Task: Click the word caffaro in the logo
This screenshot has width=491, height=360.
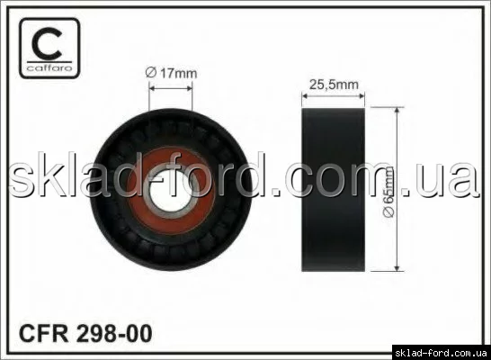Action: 49,68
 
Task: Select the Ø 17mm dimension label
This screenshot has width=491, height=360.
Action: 171,73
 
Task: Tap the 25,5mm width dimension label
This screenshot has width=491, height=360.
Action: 334,85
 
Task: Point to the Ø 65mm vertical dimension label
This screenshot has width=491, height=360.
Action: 388,192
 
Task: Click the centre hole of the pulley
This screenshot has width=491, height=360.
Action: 171,191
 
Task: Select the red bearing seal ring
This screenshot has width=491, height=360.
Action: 171,191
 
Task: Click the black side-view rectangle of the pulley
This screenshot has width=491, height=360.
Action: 333,190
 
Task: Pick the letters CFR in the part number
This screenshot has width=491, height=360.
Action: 43,334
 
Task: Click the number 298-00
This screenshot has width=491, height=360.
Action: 114,334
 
